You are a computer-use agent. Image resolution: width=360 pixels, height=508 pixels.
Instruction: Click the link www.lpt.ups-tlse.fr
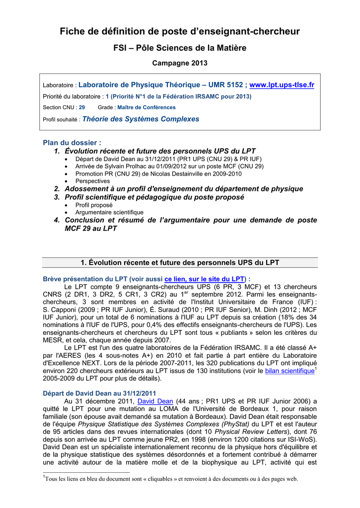click(x=282, y=85)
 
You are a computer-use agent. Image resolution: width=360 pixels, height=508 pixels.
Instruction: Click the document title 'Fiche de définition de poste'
click(x=180, y=32)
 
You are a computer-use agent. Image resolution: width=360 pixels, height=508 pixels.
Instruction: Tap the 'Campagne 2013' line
click(x=180, y=63)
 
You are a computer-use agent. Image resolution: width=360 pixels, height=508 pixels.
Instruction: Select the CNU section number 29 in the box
click(x=82, y=107)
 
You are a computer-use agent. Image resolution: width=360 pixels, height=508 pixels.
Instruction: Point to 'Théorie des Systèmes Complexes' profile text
click(x=141, y=119)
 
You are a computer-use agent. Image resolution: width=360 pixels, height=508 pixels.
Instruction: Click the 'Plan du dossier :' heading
click(x=72, y=143)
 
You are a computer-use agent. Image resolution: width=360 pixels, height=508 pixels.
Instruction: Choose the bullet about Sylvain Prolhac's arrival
click(x=169, y=167)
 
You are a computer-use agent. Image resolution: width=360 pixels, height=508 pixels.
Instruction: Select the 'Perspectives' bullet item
click(x=93, y=181)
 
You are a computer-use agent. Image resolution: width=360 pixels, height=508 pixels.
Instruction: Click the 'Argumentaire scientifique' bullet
click(x=109, y=212)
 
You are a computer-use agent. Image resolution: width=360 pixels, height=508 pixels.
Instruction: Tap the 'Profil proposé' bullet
click(x=94, y=205)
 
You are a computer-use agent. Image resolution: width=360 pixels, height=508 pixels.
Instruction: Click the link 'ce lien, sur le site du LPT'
click(x=205, y=279)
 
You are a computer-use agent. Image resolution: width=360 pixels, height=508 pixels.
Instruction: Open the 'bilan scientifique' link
click(x=289, y=371)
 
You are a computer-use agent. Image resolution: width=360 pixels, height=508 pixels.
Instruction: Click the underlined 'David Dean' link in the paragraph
click(x=155, y=401)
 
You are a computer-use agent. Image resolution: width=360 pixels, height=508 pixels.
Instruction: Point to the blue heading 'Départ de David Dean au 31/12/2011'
click(x=100, y=393)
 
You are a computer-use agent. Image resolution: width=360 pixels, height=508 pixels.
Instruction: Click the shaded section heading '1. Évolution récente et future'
click(x=180, y=262)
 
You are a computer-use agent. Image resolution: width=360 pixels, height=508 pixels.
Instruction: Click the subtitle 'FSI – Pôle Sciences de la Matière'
click(x=180, y=48)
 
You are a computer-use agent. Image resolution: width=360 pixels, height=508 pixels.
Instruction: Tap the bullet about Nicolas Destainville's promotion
click(x=158, y=174)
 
